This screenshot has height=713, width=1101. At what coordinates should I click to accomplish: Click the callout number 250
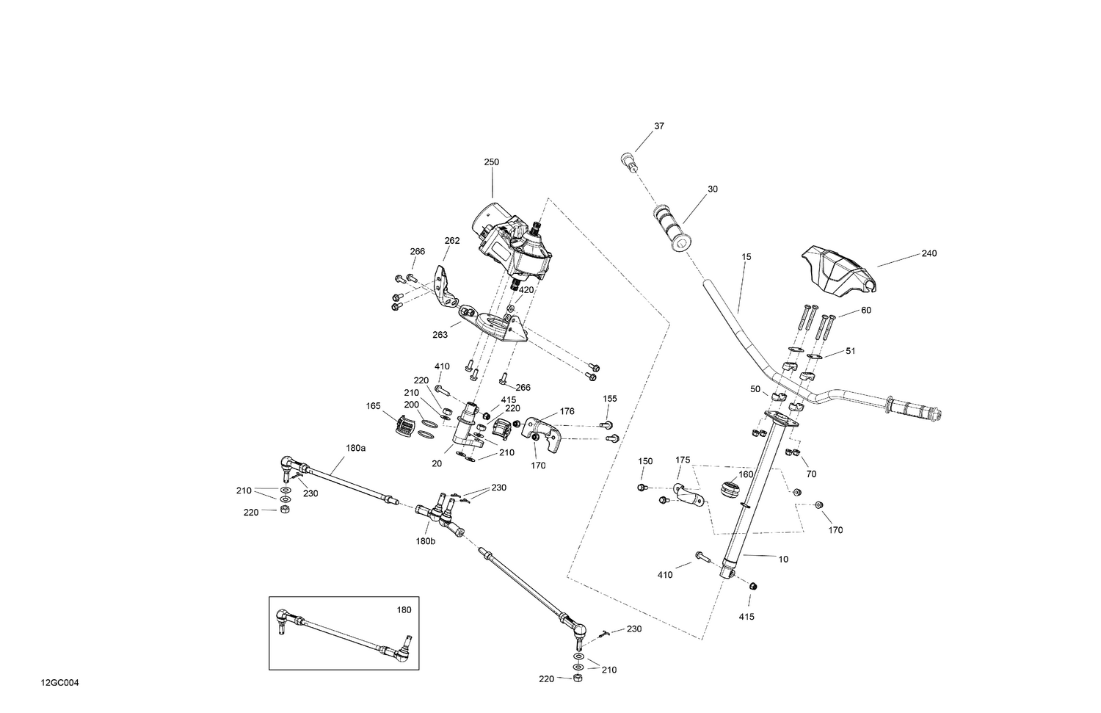[x=491, y=162]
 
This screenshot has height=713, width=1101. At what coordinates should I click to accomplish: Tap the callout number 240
[x=929, y=253]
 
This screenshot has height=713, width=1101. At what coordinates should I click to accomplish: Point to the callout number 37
[x=658, y=126]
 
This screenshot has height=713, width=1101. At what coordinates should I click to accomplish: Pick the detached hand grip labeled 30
[x=672, y=228]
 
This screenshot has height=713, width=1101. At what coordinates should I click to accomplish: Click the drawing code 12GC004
[x=60, y=683]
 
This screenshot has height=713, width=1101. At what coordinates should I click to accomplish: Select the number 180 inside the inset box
[x=404, y=609]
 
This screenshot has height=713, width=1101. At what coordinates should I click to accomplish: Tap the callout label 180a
[x=355, y=447]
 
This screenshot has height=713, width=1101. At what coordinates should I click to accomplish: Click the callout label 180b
[x=425, y=541]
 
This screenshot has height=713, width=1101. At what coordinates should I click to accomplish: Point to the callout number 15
[x=746, y=257]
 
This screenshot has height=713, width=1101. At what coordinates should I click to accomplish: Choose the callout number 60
[x=865, y=311]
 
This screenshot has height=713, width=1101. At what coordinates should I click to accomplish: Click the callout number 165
[x=374, y=406]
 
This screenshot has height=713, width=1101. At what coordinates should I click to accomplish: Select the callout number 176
[x=567, y=411]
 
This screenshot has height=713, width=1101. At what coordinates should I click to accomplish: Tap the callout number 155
[x=610, y=399]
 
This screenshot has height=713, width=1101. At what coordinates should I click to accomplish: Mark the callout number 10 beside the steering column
[x=783, y=560]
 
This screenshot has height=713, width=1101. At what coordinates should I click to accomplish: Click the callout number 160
[x=746, y=474]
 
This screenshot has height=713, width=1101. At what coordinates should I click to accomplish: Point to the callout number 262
[x=452, y=240]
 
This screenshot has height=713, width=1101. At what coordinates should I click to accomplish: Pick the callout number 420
[x=526, y=290]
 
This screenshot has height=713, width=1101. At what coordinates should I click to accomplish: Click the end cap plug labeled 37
[x=628, y=160]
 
